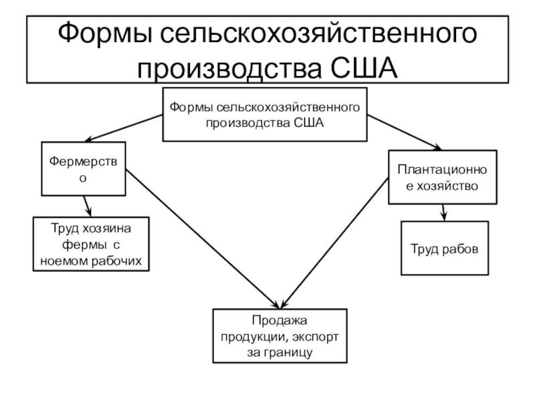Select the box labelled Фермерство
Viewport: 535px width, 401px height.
pyautogui.click(x=84, y=168)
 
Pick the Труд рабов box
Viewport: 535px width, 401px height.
pyautogui.click(x=445, y=249)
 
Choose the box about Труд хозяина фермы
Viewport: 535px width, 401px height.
pyautogui.click(x=91, y=245)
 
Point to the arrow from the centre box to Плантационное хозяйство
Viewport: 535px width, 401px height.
pyautogui.click(x=405, y=132)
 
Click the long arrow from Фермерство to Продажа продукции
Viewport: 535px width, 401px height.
pyautogui.click(x=201, y=234)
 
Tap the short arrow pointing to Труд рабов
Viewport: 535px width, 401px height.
pyautogui.click(x=443, y=212)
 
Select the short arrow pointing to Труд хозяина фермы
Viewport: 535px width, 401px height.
pyautogui.click(x=86, y=205)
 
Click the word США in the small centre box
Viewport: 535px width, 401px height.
pyautogui.click(x=309, y=122)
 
